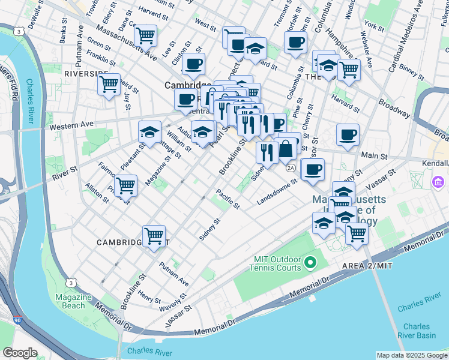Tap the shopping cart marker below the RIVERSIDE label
pos(109,84)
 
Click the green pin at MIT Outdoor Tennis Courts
pos(310,262)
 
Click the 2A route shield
pos(291,168)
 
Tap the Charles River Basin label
pos(416,331)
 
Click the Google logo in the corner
pos(20,353)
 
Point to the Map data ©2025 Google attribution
pos(411,355)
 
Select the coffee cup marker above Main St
pos(348,135)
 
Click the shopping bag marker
pos(287,148)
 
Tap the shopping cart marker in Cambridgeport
pos(154,235)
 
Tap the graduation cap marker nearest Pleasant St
pos(149,132)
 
